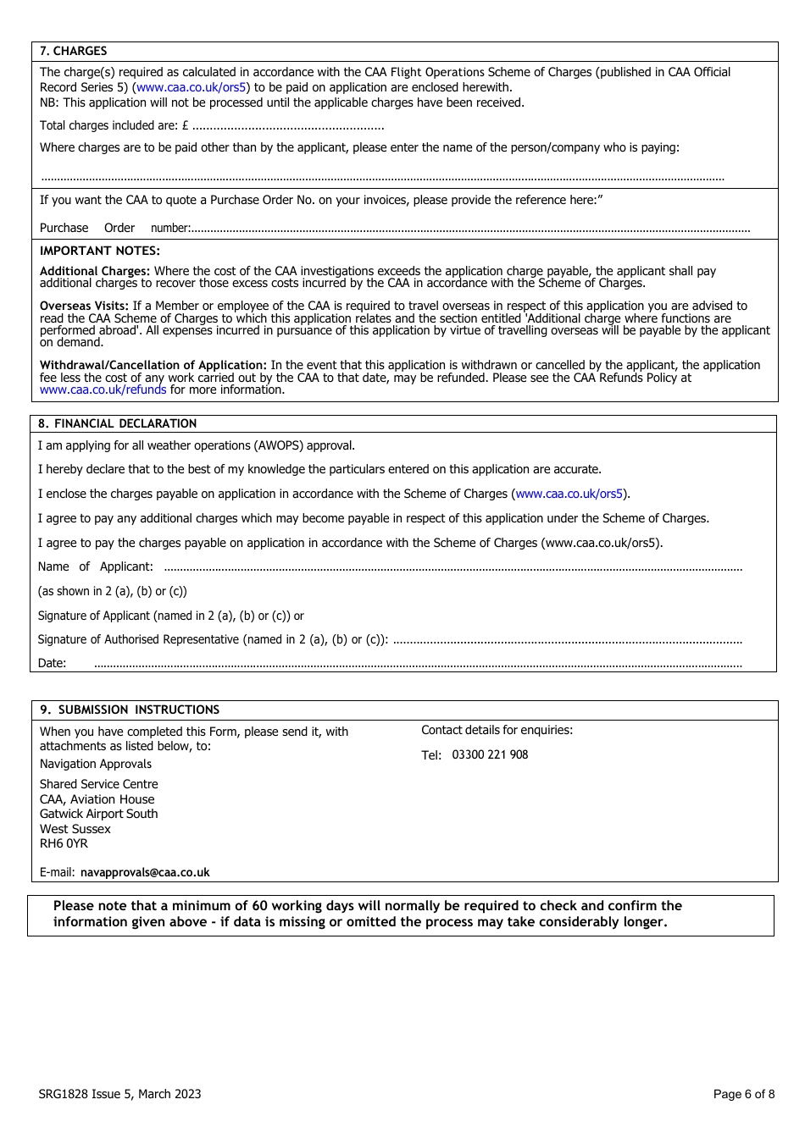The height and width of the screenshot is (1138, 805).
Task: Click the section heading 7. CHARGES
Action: pyautogui.click(x=73, y=51)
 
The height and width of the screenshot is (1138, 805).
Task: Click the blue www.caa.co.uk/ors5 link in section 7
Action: pyautogui.click(x=192, y=87)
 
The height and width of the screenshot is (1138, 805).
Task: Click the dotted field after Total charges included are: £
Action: pyautogui.click(x=288, y=126)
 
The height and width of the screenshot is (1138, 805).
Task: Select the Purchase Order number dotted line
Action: pyautogui.click(x=470, y=229)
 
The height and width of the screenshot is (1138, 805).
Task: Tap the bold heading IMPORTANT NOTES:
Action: pyautogui.click(x=99, y=251)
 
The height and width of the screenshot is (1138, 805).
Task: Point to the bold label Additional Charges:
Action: pyautogui.click(x=95, y=271)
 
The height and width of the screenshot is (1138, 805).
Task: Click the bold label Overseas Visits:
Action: pyautogui.click(x=84, y=306)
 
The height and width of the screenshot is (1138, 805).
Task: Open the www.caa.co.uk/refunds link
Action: pyautogui.click(x=103, y=389)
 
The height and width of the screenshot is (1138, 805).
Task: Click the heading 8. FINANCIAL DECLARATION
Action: pyautogui.click(x=117, y=423)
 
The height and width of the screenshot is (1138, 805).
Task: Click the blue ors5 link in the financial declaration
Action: pyautogui.click(x=569, y=494)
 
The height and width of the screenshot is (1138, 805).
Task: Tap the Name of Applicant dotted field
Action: pyautogui.click(x=452, y=567)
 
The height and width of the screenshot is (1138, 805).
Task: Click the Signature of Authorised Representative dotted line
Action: pyautogui.click(x=568, y=640)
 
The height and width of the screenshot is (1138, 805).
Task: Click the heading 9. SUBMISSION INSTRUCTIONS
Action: pyautogui.click(x=130, y=710)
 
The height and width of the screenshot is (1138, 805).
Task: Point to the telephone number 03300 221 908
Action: pyautogui.click(x=490, y=754)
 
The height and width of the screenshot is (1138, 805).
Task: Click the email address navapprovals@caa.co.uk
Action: pyautogui.click(x=145, y=872)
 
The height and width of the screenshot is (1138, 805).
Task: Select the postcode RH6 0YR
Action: pyautogui.click(x=64, y=843)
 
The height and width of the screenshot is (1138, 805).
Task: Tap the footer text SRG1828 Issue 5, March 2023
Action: pyautogui.click(x=119, y=1094)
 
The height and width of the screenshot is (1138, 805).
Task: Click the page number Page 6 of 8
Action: pyautogui.click(x=743, y=1094)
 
